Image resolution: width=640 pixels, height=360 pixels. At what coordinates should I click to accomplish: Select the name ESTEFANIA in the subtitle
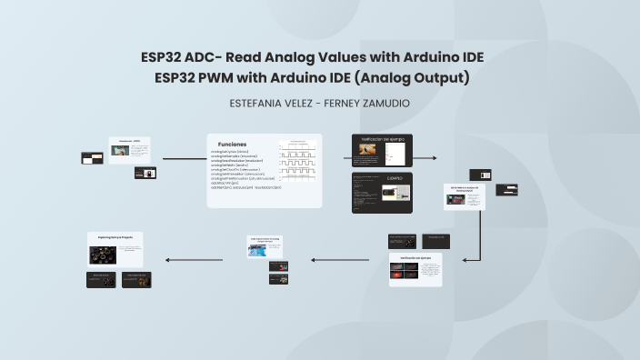tap(265, 104)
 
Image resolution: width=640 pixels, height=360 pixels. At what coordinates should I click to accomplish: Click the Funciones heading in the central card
tap(232, 144)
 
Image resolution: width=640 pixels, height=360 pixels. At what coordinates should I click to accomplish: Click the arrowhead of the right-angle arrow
tap(465, 260)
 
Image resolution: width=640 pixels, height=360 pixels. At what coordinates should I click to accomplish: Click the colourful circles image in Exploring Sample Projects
tap(115, 254)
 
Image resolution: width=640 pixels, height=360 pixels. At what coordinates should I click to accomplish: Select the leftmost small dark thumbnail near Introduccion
tap(91, 157)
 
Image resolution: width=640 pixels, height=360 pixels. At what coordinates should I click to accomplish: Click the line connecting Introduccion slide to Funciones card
tap(185, 159)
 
